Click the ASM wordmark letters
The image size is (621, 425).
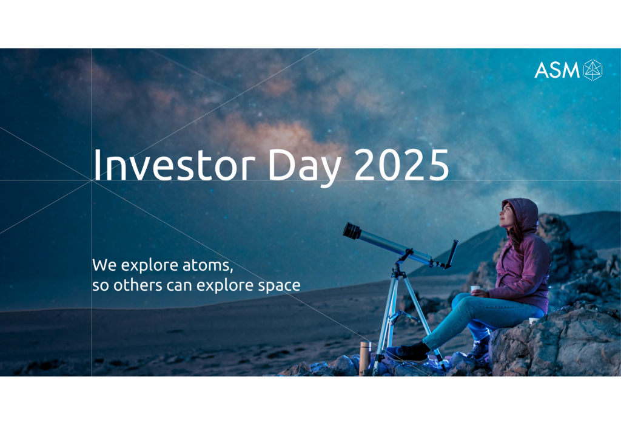557,70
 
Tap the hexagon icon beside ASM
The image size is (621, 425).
593,70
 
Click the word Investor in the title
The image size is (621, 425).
174,165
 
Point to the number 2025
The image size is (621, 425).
401,165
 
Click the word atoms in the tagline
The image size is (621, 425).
207,265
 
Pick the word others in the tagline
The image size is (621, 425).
138,285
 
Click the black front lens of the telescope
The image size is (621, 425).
352,231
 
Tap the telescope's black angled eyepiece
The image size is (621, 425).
452,254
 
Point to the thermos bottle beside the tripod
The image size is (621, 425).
364,358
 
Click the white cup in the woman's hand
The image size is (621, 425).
475,290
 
